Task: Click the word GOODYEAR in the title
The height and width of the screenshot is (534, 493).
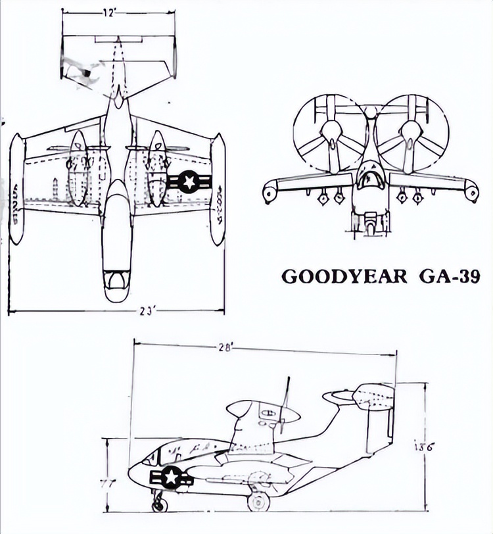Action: click(x=344, y=276)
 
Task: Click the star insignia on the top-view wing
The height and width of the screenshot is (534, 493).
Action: click(x=189, y=181)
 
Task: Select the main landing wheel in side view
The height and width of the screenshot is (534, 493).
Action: click(x=258, y=502)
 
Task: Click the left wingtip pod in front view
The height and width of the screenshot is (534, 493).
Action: click(x=270, y=192)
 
